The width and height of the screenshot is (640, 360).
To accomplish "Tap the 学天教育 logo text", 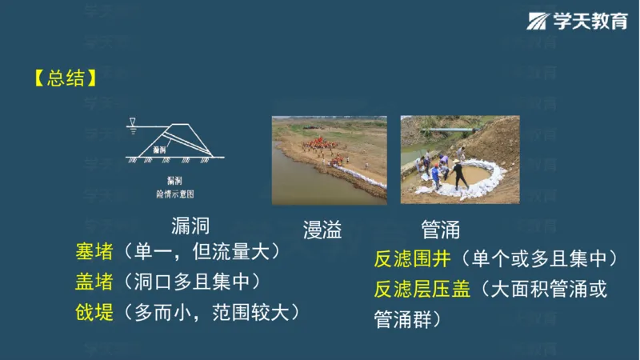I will [x=590, y=22].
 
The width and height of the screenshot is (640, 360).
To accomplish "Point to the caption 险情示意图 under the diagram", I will [x=175, y=194].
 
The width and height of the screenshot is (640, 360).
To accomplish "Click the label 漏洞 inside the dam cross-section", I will [x=159, y=150].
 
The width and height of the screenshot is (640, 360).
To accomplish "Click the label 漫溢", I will [x=322, y=231].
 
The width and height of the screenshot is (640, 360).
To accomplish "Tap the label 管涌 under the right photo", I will [x=440, y=231].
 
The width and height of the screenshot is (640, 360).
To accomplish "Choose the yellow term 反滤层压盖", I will [x=422, y=289].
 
